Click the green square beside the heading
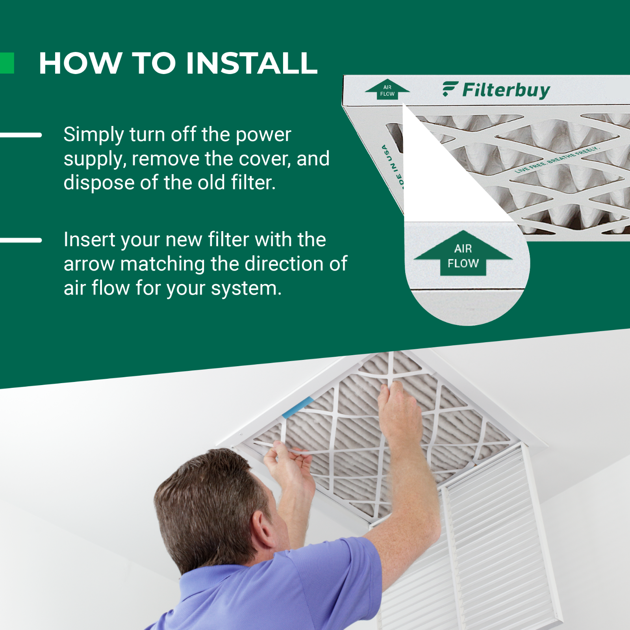(7, 63)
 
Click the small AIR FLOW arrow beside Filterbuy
(387, 90)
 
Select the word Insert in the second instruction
(89, 240)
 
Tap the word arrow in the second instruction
(89, 264)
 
